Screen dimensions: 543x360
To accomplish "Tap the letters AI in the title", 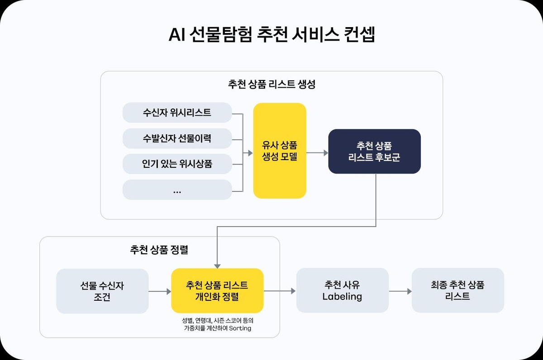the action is pos(177,35).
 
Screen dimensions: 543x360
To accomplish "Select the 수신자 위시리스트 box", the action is pos(177,113).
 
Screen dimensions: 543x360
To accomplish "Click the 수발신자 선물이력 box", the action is pos(177,138).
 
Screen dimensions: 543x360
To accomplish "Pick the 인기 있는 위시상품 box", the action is pos(177,164).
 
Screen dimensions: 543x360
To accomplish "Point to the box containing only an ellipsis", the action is pos(177,189).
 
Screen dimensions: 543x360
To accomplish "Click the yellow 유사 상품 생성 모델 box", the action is pos(280,151).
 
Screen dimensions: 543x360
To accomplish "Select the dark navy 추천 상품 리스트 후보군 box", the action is pos(375,152).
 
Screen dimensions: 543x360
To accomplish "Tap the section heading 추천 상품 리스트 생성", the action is pos(272,84).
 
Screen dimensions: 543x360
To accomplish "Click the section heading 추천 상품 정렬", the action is pos(159,250).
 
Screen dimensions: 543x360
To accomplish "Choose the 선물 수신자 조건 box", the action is pos(102,291).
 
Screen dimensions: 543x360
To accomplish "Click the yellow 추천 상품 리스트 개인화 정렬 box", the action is pos(217,290).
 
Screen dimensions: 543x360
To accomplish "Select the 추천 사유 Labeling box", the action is pos(343,290).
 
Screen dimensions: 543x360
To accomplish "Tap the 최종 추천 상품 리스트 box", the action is pos(458,290).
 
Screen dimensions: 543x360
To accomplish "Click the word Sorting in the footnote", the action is pos(240,328).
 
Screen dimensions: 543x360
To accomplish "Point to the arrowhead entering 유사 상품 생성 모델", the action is pos(250,153).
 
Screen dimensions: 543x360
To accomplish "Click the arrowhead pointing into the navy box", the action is pos(326,153).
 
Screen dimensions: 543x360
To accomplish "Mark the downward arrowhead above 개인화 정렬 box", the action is pos(217,266).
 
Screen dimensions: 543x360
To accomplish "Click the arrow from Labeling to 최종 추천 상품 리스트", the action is pos(400,291).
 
